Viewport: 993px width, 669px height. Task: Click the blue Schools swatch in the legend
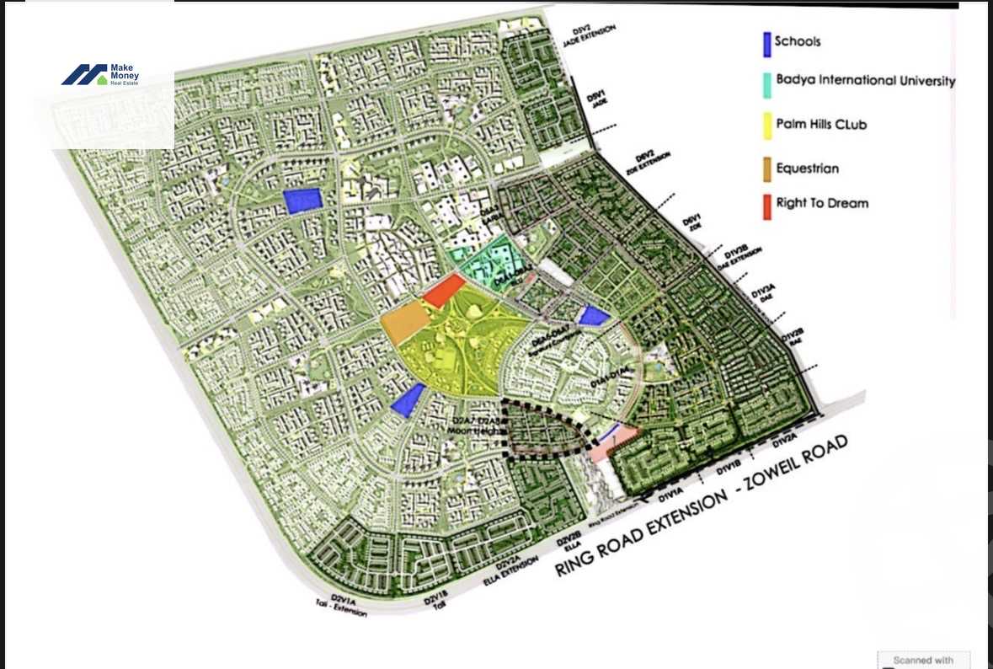point(766,45)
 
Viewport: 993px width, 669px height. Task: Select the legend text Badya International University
point(866,82)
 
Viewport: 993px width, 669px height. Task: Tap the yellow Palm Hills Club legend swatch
point(766,126)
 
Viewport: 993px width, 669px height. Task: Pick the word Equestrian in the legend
point(807,169)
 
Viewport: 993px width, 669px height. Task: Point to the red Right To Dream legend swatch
point(766,205)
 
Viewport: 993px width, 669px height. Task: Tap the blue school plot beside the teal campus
point(594,315)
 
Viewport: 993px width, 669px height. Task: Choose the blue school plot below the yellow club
point(408,399)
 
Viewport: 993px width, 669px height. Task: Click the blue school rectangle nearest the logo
point(303,201)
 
